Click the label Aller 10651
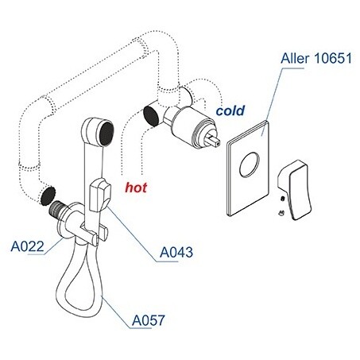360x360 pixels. click(316, 58)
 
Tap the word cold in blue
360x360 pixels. click(230, 110)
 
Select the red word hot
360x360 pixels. click(136, 188)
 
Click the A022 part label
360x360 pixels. click(27, 246)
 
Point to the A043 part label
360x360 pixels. click(176, 252)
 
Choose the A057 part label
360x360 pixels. click(149, 320)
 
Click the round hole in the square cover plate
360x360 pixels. click(250, 165)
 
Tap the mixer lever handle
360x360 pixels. click(294, 190)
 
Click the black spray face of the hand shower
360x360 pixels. click(107, 134)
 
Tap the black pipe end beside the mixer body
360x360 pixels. click(152, 116)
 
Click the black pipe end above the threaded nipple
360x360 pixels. click(48, 195)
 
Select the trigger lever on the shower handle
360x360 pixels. click(100, 195)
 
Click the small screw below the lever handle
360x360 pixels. click(281, 213)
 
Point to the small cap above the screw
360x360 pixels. click(283, 199)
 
